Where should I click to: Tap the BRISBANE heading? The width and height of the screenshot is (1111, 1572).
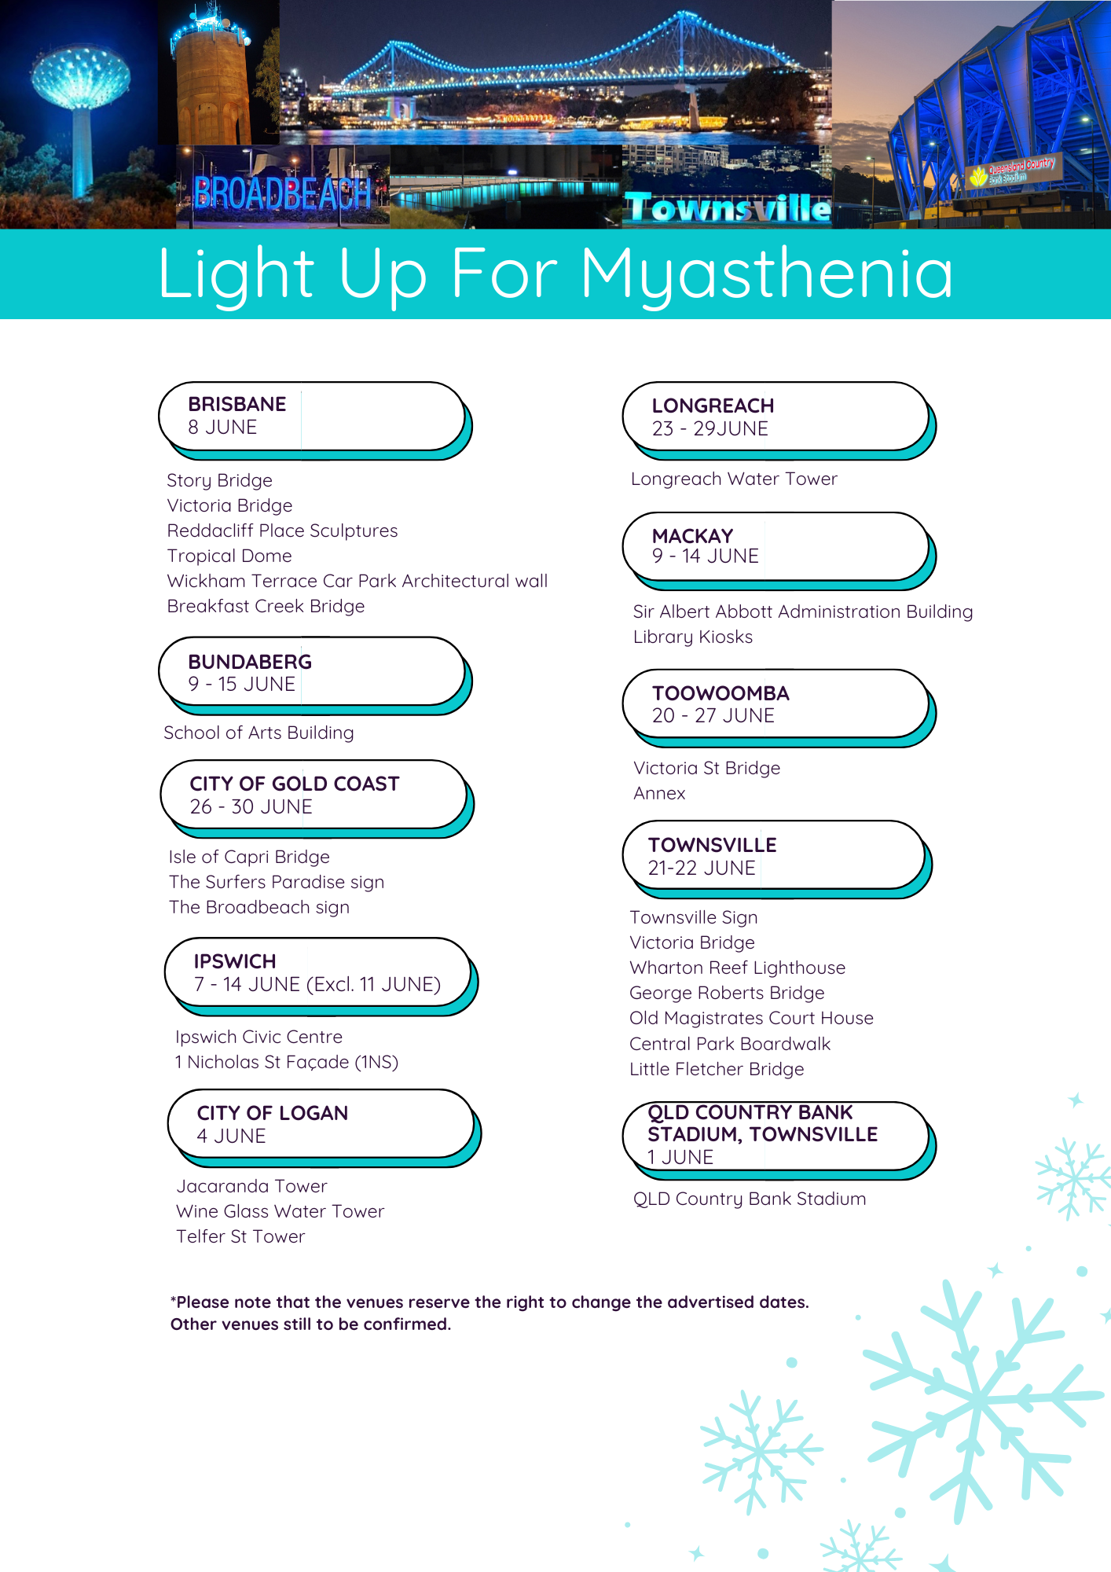click(236, 404)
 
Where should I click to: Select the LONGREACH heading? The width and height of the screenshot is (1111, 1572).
click(713, 406)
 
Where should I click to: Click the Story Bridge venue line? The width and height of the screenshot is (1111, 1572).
click(219, 480)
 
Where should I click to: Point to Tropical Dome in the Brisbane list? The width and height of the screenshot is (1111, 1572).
click(229, 556)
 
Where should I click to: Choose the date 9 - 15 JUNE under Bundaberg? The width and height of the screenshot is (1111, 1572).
click(242, 684)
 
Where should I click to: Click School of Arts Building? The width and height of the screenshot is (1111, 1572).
click(258, 733)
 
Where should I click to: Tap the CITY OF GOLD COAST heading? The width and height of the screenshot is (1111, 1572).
click(295, 784)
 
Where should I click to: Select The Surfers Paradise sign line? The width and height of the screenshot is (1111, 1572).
click(277, 882)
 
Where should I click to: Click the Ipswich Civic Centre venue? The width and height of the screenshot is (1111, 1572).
click(258, 1037)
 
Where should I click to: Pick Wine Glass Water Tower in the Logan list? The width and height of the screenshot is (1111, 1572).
click(280, 1211)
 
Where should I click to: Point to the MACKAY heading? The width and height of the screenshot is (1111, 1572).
click(692, 536)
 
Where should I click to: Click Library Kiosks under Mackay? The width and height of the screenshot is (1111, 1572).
click(693, 637)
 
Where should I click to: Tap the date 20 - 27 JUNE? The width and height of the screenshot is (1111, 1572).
click(713, 715)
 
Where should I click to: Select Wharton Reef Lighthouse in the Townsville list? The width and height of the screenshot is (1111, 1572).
click(738, 968)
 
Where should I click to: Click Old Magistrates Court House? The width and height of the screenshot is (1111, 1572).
click(751, 1018)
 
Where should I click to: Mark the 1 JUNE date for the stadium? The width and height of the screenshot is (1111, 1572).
click(680, 1157)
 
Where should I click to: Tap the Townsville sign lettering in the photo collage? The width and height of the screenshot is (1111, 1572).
click(728, 208)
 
